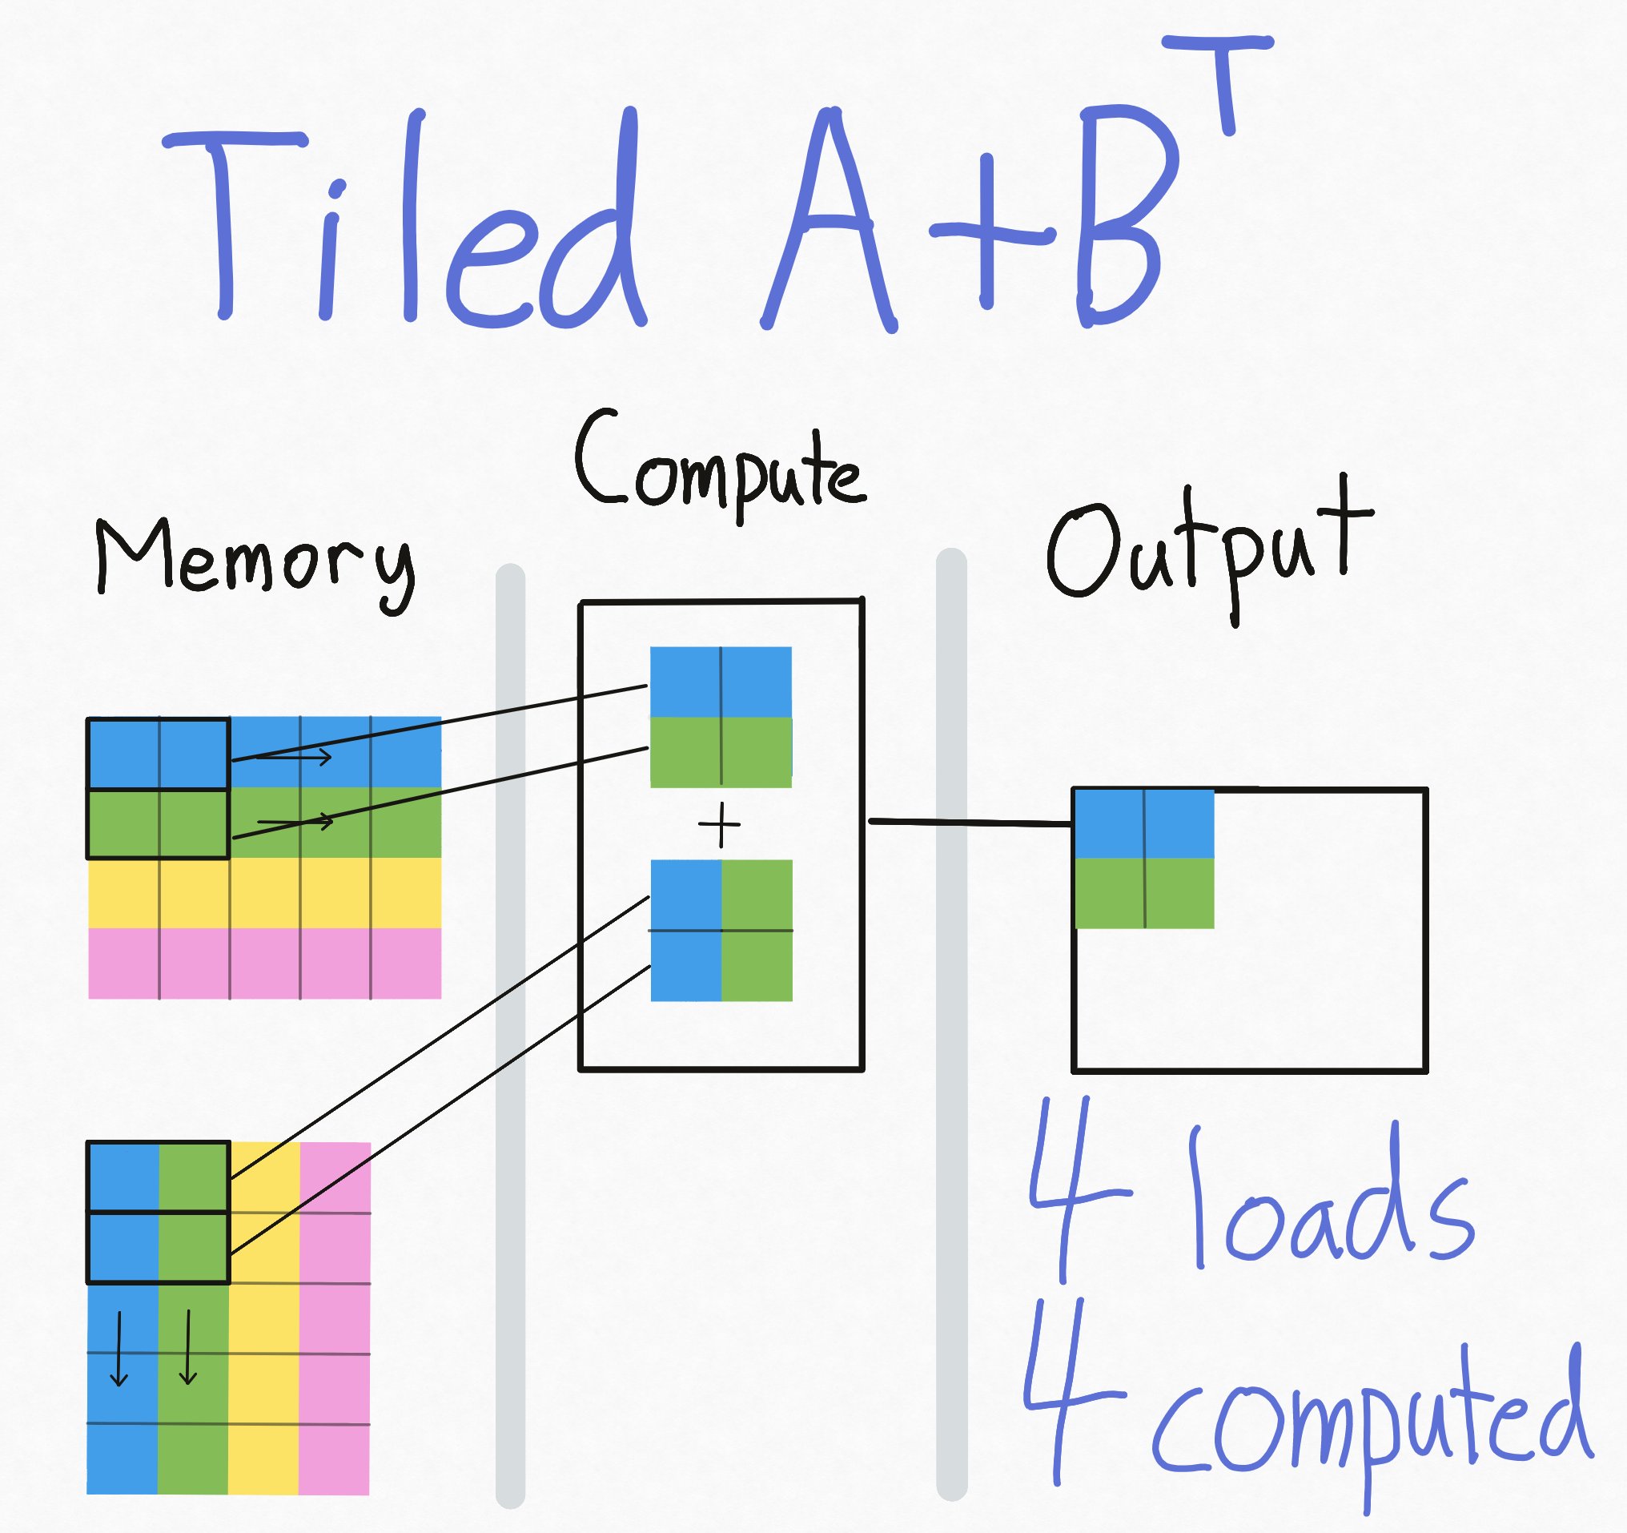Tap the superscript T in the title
coord(1219,78)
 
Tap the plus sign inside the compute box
coord(719,825)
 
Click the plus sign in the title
coord(989,233)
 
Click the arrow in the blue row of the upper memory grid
coord(295,757)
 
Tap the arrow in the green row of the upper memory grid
coord(295,821)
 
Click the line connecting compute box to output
coord(970,822)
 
